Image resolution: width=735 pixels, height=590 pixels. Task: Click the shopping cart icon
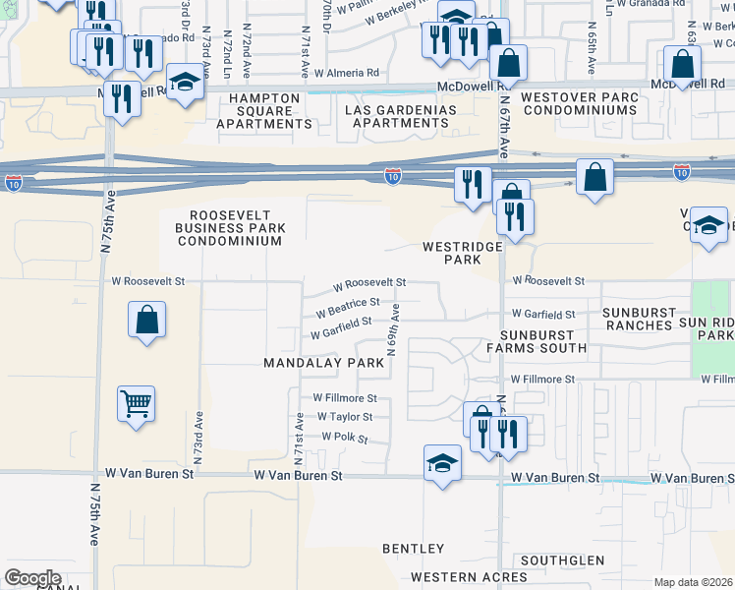(x=136, y=402)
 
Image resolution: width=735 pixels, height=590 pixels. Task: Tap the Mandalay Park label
(x=323, y=363)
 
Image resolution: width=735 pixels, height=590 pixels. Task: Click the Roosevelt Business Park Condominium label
(x=230, y=228)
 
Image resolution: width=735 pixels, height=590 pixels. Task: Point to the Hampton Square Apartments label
(x=264, y=111)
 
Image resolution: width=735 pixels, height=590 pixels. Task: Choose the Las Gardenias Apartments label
(x=401, y=116)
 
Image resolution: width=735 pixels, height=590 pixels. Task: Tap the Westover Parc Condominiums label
(x=579, y=103)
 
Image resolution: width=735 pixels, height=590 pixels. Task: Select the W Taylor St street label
(x=344, y=417)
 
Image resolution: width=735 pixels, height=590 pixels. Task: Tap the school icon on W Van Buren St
(x=442, y=462)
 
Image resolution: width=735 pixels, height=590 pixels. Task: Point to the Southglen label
(x=563, y=560)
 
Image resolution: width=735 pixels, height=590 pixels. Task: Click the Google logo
(x=32, y=577)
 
